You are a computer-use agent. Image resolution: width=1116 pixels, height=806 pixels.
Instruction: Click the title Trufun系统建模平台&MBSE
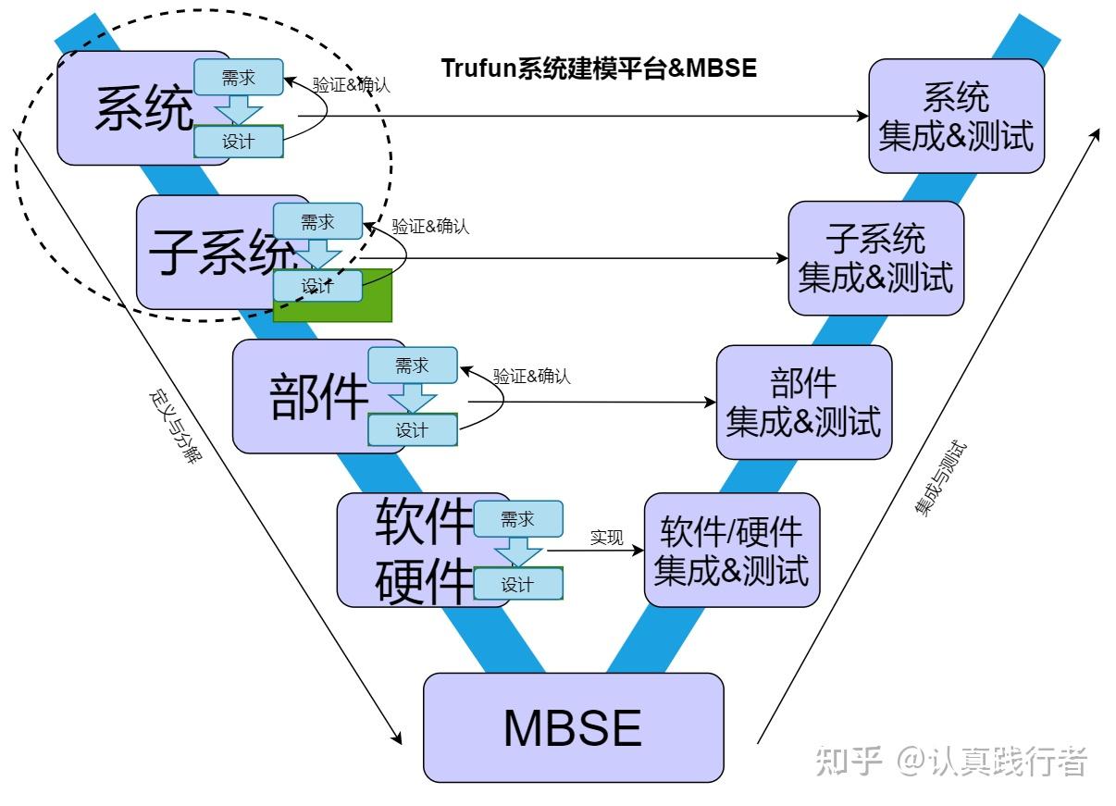click(x=599, y=68)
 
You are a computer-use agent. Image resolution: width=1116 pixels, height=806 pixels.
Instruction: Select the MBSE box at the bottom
click(x=573, y=727)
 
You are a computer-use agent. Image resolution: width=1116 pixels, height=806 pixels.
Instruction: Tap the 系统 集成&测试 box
click(x=956, y=116)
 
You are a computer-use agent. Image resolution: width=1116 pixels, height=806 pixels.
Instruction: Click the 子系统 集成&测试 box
click(x=875, y=258)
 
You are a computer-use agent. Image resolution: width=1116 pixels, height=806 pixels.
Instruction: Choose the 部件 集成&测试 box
click(x=803, y=403)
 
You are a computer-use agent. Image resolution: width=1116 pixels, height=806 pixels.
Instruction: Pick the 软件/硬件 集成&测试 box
click(x=731, y=550)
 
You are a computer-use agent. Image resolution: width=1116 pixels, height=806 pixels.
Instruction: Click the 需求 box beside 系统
click(x=238, y=79)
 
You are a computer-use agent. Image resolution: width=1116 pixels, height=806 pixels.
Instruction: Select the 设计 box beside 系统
click(x=238, y=142)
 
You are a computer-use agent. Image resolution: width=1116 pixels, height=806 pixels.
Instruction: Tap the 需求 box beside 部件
click(x=412, y=366)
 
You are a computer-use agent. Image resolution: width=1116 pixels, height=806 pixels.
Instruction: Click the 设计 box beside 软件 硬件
click(x=517, y=584)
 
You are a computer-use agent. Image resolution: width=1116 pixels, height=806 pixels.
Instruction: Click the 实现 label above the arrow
click(x=607, y=537)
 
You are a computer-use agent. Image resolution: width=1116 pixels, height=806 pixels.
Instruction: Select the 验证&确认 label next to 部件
click(x=532, y=377)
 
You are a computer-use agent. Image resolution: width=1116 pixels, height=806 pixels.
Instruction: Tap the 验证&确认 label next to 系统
click(x=352, y=85)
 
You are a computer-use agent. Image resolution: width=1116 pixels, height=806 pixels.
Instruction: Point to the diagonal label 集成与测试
click(x=940, y=478)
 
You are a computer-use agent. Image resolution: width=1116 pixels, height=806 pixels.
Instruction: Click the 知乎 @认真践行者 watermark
click(x=950, y=761)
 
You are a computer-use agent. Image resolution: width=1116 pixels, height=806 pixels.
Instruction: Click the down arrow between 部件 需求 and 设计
click(x=412, y=398)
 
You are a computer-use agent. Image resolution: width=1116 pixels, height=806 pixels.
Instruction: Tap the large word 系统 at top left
click(x=144, y=109)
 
